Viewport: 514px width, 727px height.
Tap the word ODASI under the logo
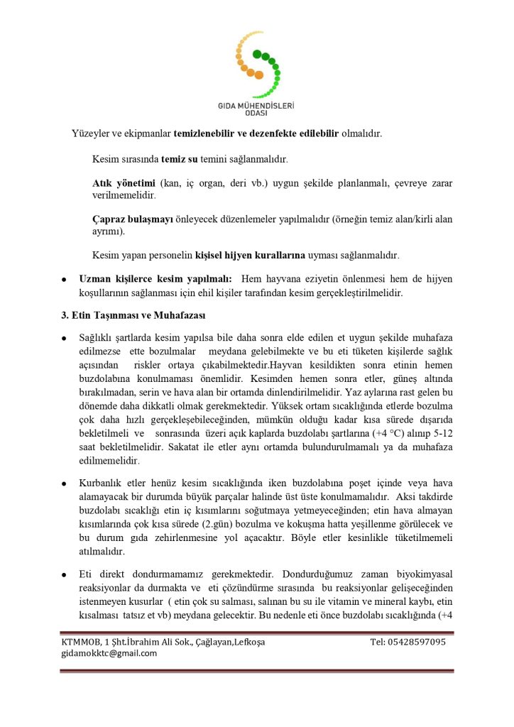[256, 113]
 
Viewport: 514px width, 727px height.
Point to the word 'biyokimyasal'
[422, 574]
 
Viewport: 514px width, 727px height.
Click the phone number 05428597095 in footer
[408, 642]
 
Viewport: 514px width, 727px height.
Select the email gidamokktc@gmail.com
[109, 653]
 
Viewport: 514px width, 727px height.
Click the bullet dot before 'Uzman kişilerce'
[65, 280]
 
